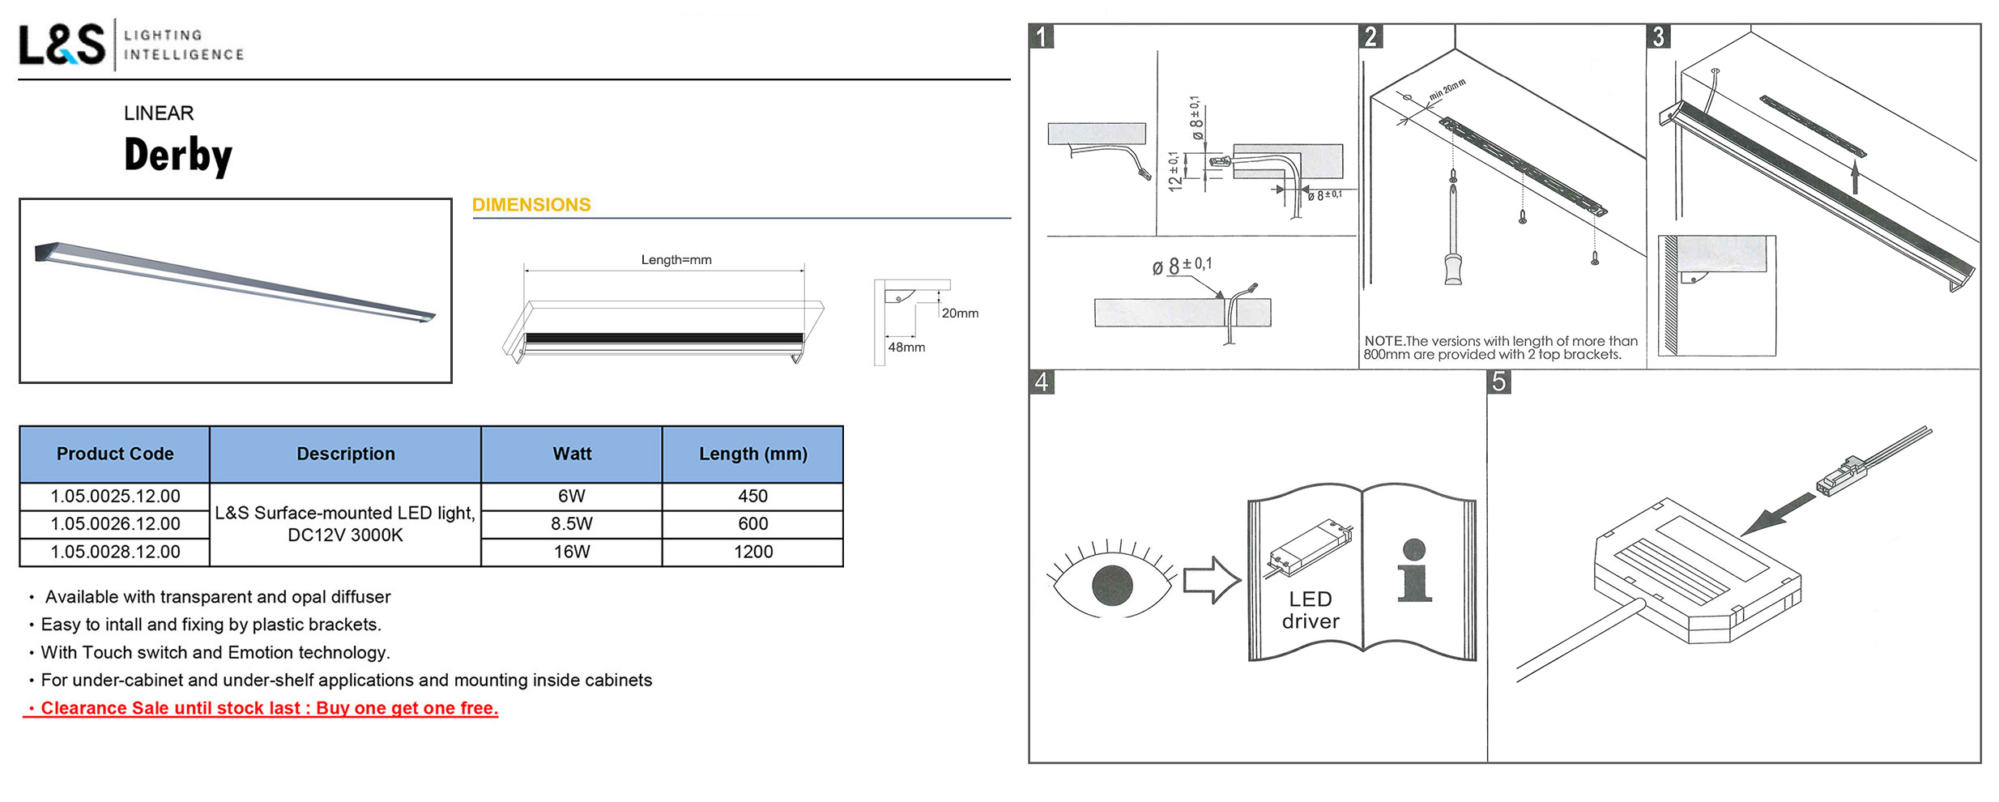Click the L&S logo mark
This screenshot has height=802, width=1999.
pyautogui.click(x=62, y=45)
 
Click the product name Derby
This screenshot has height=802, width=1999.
pyautogui.click(x=178, y=155)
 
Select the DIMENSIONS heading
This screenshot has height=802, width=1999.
pyautogui.click(x=531, y=205)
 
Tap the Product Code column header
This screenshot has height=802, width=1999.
pyautogui.click(x=115, y=454)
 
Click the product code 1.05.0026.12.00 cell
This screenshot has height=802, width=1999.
pyautogui.click(x=115, y=524)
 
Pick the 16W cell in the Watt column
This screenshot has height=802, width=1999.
pyautogui.click(x=572, y=552)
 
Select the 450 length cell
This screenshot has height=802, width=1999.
pyautogui.click(x=752, y=496)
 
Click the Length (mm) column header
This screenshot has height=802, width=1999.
pyautogui.click(x=752, y=454)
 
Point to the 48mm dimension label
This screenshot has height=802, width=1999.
pyautogui.click(x=906, y=348)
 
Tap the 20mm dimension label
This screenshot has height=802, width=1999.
pyautogui.click(x=960, y=314)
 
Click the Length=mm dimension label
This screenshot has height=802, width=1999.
pyautogui.click(x=676, y=260)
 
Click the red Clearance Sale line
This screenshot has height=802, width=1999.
pyautogui.click(x=261, y=708)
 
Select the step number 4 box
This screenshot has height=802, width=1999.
pyautogui.click(x=1042, y=382)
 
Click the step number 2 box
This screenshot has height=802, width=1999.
pyautogui.click(x=1370, y=36)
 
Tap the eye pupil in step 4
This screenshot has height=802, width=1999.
pyautogui.click(x=1112, y=585)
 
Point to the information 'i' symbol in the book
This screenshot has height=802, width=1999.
pyautogui.click(x=1414, y=570)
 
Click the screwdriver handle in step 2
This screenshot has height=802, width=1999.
pyautogui.click(x=1454, y=267)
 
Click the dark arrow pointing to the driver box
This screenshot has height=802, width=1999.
pyautogui.click(x=1777, y=514)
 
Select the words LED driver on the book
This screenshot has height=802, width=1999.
pyautogui.click(x=1311, y=610)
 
